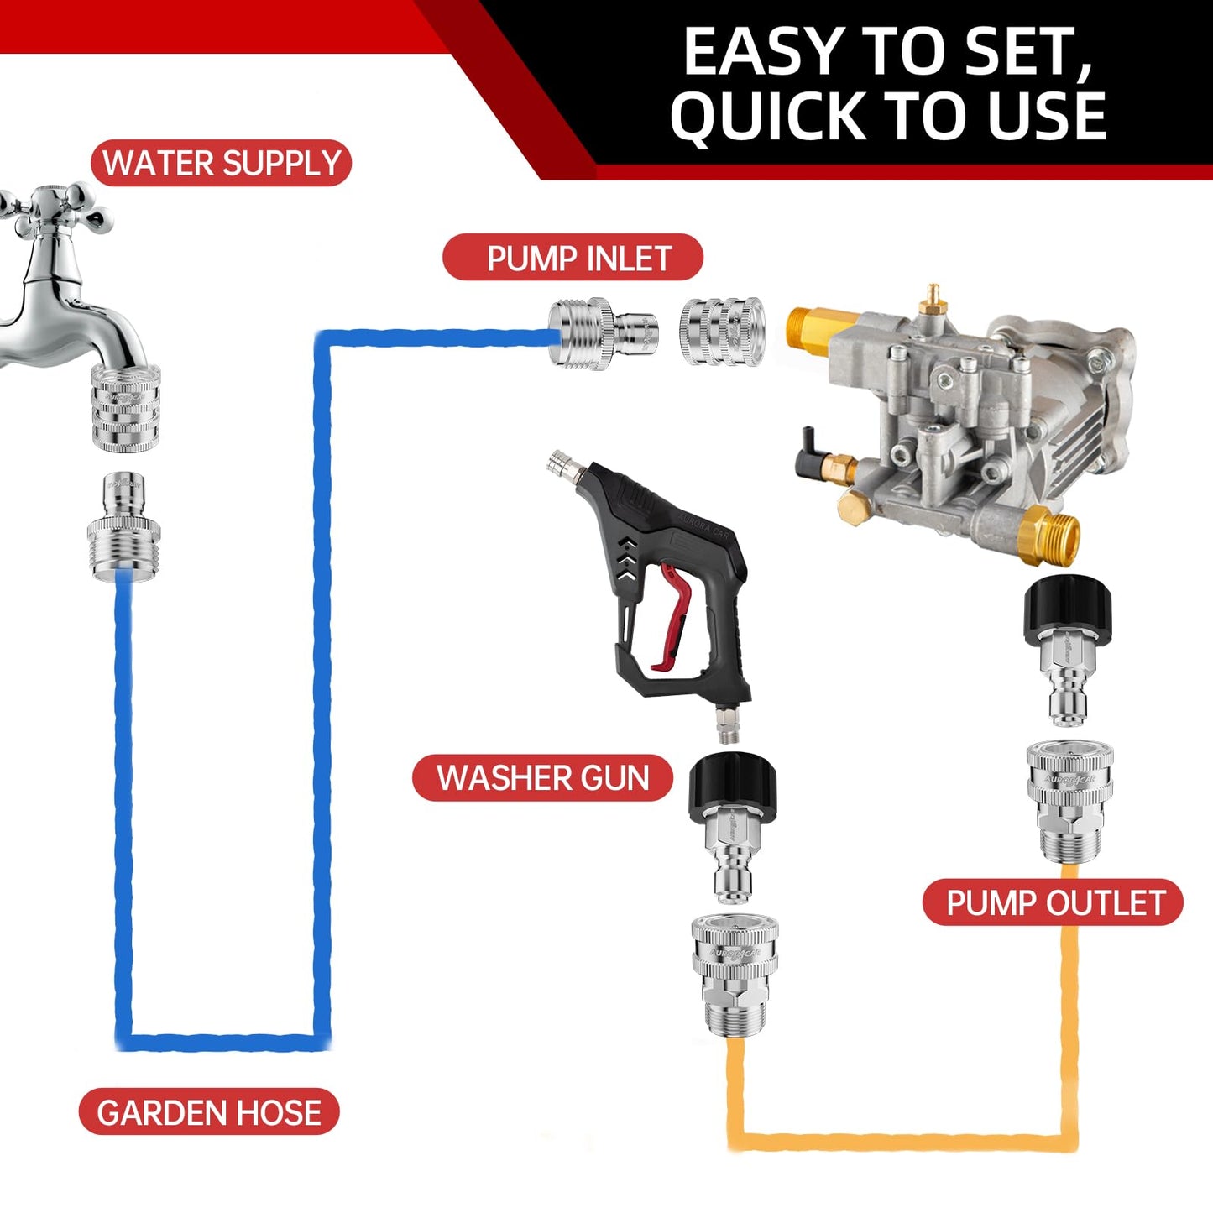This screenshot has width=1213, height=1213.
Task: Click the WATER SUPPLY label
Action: pyautogui.click(x=221, y=163)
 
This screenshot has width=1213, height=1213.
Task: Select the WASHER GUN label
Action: pyautogui.click(x=542, y=778)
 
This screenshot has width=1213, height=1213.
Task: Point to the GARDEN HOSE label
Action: pyautogui.click(x=209, y=1112)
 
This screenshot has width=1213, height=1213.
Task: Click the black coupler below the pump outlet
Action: pyautogui.click(x=1068, y=606)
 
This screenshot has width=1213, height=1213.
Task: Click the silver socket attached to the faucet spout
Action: pyautogui.click(x=125, y=409)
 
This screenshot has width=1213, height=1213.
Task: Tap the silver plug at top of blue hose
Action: pyautogui.click(x=124, y=526)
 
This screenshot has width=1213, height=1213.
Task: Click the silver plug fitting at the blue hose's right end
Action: pyautogui.click(x=602, y=334)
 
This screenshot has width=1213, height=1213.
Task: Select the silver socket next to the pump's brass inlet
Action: pyautogui.click(x=721, y=332)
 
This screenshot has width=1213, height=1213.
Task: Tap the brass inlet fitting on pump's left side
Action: pyautogui.click(x=814, y=328)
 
